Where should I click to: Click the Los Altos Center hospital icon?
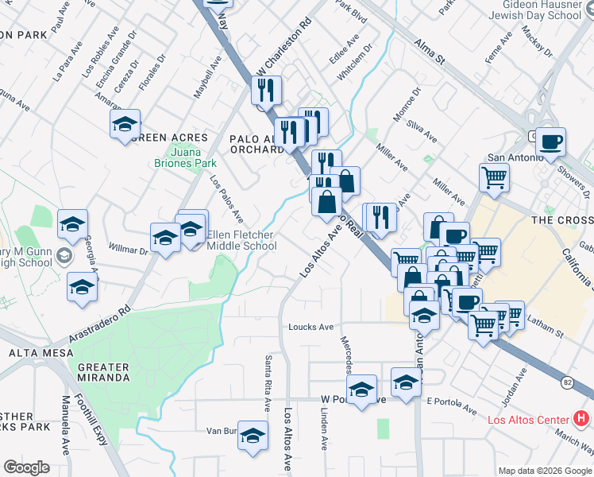581,417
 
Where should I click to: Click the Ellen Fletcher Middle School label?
241,241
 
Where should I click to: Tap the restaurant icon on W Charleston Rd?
267,90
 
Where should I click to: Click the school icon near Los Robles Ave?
125,125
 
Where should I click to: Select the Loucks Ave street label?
311,327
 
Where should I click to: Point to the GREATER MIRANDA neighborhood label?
104,372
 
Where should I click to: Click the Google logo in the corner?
26,467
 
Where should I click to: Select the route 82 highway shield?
566,382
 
